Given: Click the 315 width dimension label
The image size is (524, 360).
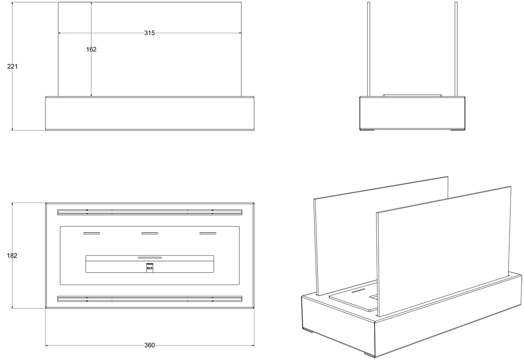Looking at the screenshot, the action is coord(149,33).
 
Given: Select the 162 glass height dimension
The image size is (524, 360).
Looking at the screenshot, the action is coord(91,49).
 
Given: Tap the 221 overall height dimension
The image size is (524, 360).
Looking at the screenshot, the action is coord(12,66).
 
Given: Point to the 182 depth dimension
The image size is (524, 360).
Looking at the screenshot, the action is coord(12,256).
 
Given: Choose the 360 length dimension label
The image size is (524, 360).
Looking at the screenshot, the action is coord(149,345).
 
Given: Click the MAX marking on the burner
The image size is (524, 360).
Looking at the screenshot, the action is coord(150,268).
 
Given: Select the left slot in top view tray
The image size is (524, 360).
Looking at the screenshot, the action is coord(92,233).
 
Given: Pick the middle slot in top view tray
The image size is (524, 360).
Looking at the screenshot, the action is coord(150,233).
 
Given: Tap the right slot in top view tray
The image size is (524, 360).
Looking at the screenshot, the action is coord(208,233).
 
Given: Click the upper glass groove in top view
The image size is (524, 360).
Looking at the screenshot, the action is coord(150,212).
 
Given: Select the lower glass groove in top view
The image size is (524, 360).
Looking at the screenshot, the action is coord(150,299).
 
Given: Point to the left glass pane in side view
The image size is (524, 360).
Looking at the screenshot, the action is coord(369,49).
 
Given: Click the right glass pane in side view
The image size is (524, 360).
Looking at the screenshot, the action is coord(456,49).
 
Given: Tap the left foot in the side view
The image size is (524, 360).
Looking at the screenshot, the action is coord(367,130).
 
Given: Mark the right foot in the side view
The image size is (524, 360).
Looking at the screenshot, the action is coord(458,130).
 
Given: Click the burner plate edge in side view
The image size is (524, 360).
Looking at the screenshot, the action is coord(412,96).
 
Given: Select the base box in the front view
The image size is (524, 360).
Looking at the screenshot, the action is coord(150,113).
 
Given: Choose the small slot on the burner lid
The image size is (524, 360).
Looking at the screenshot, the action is coord(150,257).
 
